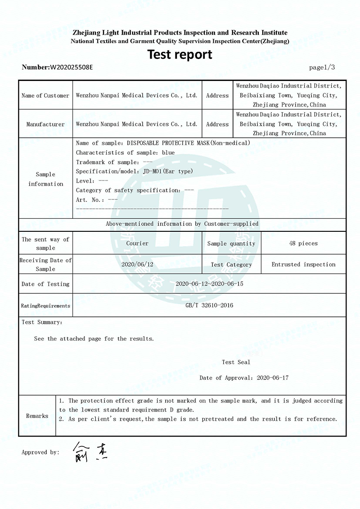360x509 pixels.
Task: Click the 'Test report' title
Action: click(x=180, y=54)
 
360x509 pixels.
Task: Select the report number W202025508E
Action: click(x=71, y=68)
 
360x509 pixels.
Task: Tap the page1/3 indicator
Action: click(x=322, y=68)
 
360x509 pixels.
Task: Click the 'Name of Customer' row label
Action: click(x=45, y=95)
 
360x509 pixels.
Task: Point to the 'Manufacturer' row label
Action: click(x=45, y=124)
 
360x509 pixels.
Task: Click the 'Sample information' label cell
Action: click(x=45, y=179)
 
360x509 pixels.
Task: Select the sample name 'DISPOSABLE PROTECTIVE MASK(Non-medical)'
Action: click(x=189, y=143)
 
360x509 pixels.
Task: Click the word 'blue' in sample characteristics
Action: click(x=168, y=153)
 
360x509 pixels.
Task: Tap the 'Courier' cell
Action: click(x=137, y=243)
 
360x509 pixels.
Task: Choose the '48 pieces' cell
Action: click(x=303, y=243)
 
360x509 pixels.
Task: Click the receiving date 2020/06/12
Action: click(x=137, y=264)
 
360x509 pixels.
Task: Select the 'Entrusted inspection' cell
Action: click(x=303, y=264)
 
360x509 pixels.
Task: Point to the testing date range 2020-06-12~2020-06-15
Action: click(x=209, y=284)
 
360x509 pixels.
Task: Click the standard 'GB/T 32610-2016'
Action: click(x=209, y=305)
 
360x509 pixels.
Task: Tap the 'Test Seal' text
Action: click(x=236, y=362)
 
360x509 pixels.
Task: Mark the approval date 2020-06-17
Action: click(x=273, y=378)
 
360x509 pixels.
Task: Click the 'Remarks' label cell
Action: click(x=37, y=416)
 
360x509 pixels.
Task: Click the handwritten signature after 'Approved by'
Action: click(x=90, y=452)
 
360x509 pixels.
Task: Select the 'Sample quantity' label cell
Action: click(x=231, y=243)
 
